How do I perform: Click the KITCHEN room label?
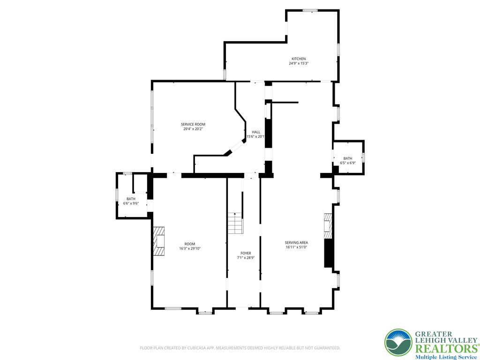point(299,59)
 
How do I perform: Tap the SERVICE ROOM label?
point(193,124)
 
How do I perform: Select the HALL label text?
point(256,132)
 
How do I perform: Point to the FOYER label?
point(246,253)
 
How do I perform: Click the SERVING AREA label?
point(296,242)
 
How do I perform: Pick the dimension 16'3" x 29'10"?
point(190,248)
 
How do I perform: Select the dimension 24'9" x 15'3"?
point(299,63)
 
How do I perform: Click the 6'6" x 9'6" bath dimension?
point(131,203)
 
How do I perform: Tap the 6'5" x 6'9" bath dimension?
point(348,163)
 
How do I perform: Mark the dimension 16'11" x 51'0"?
point(296,247)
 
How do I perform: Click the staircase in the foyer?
point(235,223)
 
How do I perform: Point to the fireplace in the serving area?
point(328,226)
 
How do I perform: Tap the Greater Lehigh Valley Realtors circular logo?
point(398,343)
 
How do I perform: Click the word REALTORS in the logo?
point(446,349)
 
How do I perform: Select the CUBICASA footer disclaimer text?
point(240,348)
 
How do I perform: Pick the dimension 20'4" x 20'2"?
point(193,129)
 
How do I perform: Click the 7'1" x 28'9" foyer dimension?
point(246,258)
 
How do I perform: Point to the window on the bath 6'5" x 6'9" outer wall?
point(363,157)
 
